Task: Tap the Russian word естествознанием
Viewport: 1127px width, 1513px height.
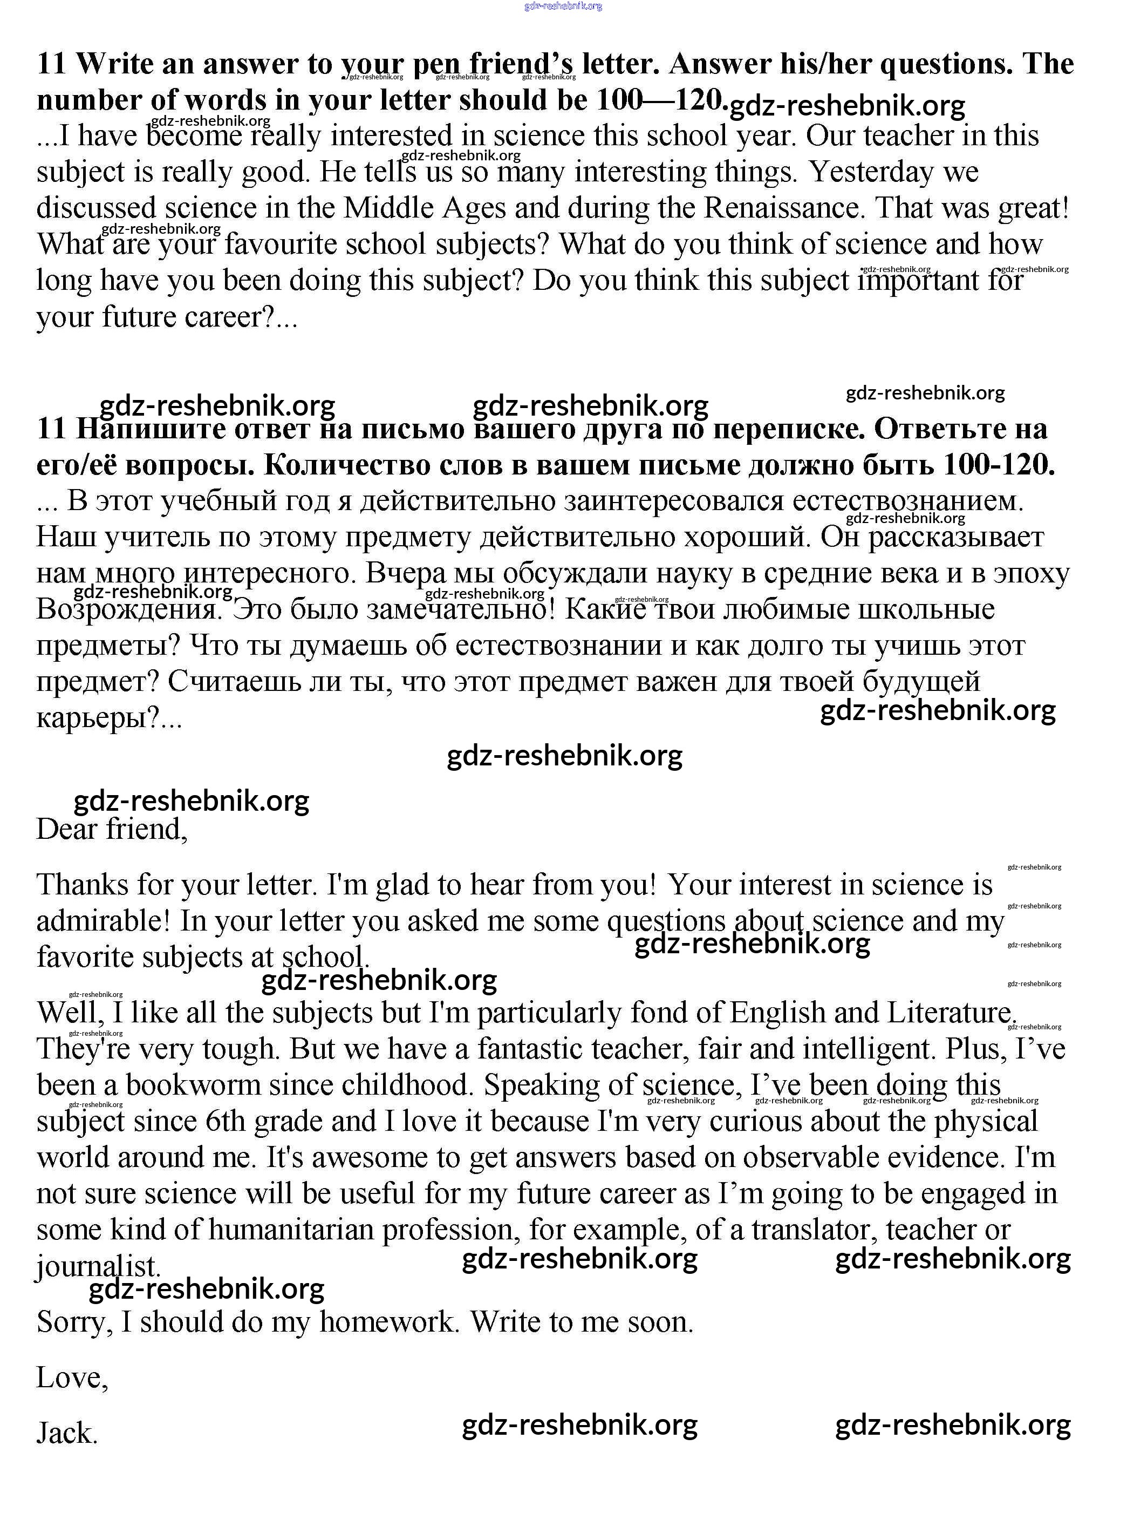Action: [x=908, y=501]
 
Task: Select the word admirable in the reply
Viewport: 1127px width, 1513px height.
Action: [x=103, y=921]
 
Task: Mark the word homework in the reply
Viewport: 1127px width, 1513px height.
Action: [x=388, y=1322]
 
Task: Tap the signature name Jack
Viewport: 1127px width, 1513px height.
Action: [x=66, y=1433]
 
